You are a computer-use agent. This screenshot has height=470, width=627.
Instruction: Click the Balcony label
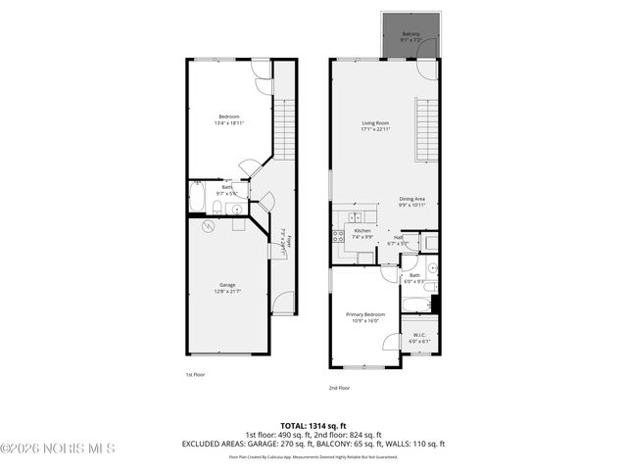coord(410,36)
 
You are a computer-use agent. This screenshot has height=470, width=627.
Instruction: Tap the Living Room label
coord(375,125)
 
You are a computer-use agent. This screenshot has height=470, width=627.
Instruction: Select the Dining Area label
coord(411,201)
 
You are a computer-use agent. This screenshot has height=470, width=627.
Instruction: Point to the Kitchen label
coord(362,233)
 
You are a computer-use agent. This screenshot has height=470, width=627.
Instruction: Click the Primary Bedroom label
coord(362,316)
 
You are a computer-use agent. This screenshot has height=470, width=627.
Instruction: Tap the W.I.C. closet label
coord(418,338)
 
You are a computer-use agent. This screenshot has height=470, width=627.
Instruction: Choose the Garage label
coord(227,286)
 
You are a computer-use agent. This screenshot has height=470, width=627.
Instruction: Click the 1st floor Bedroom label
coord(228,119)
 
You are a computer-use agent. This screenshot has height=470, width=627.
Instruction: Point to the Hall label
coord(399,239)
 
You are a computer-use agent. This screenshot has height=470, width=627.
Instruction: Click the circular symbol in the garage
coord(208,226)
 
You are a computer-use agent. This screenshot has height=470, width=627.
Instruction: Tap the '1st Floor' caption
coord(195,375)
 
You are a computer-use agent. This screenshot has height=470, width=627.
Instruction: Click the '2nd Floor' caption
coord(339,388)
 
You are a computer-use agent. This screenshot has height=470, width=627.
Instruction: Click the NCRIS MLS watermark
coord(59,448)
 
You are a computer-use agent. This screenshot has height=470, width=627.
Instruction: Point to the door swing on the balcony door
coord(422,69)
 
